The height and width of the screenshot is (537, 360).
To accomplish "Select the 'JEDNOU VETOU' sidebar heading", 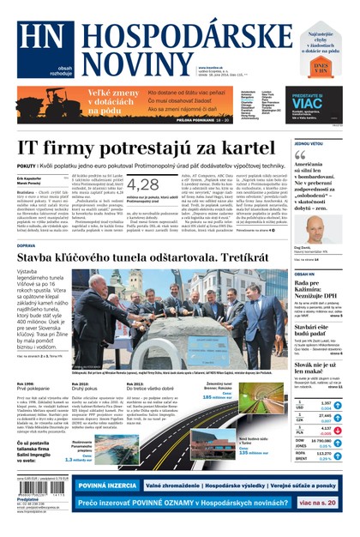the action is pyautogui.click(x=309, y=143).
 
